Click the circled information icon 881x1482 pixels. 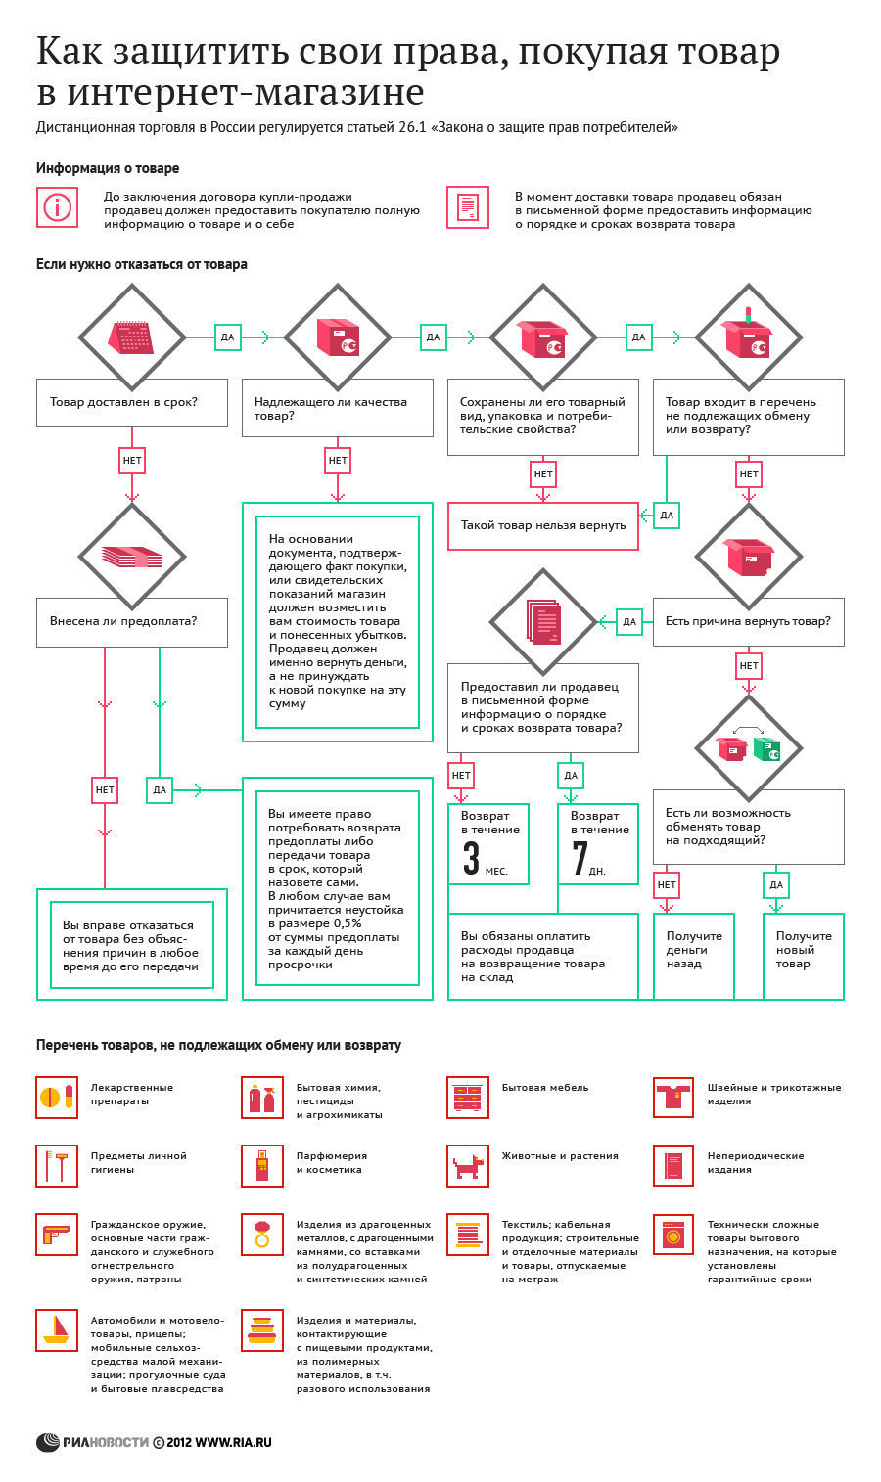(x=58, y=207)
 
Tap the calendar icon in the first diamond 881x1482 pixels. (x=132, y=337)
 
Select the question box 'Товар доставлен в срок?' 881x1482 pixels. (x=132, y=402)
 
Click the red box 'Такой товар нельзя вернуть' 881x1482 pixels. (x=542, y=526)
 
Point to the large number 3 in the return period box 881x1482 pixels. (x=471, y=858)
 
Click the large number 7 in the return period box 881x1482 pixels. (x=580, y=858)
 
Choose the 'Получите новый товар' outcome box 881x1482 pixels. (x=804, y=956)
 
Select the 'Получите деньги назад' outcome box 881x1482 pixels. (x=694, y=956)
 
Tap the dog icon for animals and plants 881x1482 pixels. (x=468, y=1166)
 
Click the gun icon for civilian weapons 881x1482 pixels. (x=56, y=1235)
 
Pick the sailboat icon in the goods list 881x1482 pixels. (x=57, y=1329)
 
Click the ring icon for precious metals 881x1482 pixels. (x=262, y=1235)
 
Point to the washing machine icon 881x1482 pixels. (x=673, y=1235)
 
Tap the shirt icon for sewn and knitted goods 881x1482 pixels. (x=673, y=1097)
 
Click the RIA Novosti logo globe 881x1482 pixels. (x=48, y=1442)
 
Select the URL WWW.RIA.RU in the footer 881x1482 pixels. (x=234, y=1442)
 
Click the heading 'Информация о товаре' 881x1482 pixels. (x=108, y=168)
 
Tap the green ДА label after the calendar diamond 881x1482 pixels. (x=227, y=337)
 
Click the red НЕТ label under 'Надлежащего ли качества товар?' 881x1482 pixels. (x=338, y=461)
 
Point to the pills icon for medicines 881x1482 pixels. (x=57, y=1097)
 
